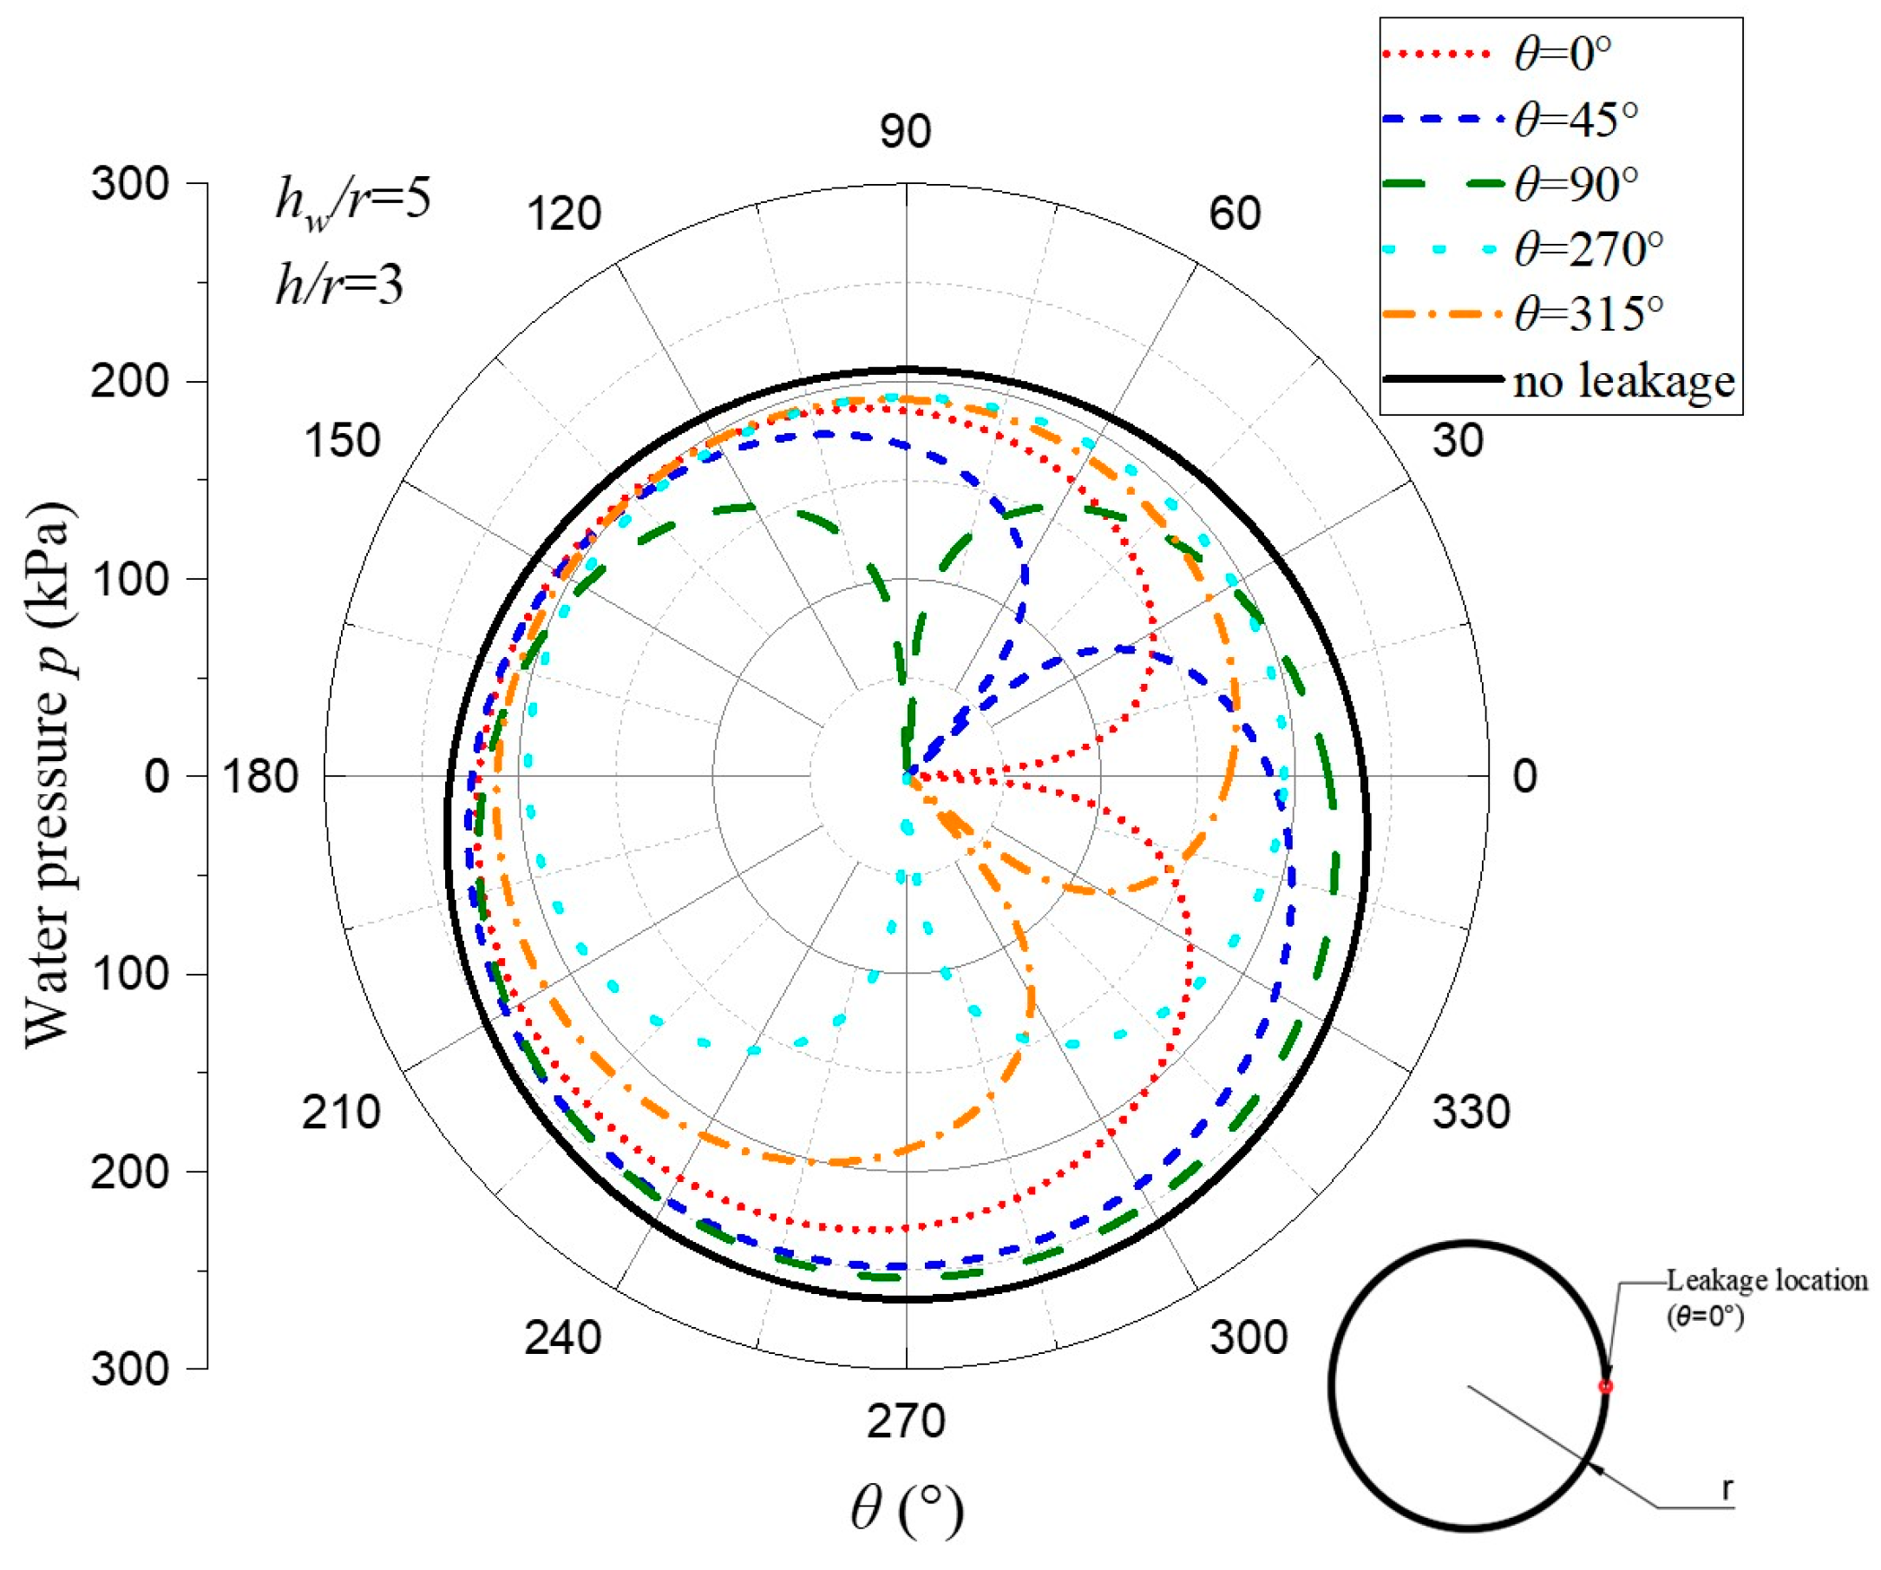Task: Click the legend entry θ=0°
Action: pyautogui.click(x=1563, y=54)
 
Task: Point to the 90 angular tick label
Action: pyautogui.click(x=905, y=132)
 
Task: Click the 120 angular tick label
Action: pyautogui.click(x=563, y=214)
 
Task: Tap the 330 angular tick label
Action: pyautogui.click(x=1470, y=1112)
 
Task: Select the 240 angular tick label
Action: pyautogui.click(x=562, y=1338)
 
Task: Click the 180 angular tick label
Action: pyautogui.click(x=259, y=776)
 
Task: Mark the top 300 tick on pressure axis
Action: pyautogui.click(x=131, y=185)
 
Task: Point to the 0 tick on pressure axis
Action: pyautogui.click(x=157, y=776)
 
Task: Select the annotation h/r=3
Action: pyautogui.click(x=339, y=285)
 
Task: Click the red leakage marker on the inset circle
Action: pyautogui.click(x=1605, y=1386)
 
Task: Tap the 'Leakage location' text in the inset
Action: pyautogui.click(x=1766, y=1280)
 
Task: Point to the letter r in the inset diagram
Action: pyautogui.click(x=1727, y=1488)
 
